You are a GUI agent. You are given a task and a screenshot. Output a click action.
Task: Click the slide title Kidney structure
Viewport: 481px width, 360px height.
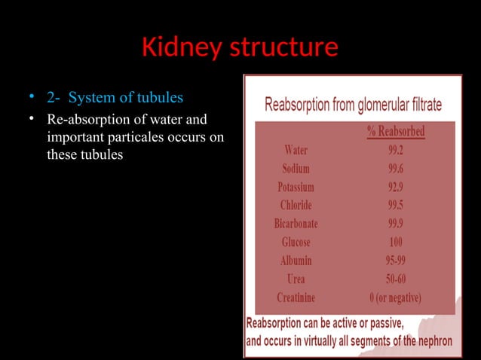pyautogui.click(x=240, y=48)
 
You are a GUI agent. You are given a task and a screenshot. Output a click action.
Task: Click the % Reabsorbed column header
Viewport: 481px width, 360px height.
pyautogui.click(x=395, y=132)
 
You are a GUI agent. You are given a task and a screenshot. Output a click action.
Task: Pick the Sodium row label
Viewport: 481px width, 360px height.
pyautogui.click(x=296, y=168)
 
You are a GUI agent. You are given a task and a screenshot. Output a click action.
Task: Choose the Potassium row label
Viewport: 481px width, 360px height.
pyautogui.click(x=296, y=187)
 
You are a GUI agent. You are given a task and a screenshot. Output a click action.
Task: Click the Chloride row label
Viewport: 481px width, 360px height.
pyautogui.click(x=296, y=205)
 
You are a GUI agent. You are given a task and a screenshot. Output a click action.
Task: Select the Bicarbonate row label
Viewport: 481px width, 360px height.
pyautogui.click(x=296, y=224)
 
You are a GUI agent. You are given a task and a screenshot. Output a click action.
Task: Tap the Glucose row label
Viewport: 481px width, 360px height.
pyautogui.click(x=296, y=242)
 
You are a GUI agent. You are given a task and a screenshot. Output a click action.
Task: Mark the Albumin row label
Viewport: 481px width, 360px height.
pyautogui.click(x=296, y=261)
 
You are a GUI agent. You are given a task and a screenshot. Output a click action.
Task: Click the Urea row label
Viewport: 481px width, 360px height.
pyautogui.click(x=296, y=279)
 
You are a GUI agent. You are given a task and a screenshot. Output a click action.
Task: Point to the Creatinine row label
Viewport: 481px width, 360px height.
pyautogui.click(x=296, y=297)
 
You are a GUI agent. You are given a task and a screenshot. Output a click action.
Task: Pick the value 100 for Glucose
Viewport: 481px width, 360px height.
pyautogui.click(x=395, y=242)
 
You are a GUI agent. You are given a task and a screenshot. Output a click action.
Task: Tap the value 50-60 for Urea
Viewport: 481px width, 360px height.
pyautogui.click(x=395, y=279)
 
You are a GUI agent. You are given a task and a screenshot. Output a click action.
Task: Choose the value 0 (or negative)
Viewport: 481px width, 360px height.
pyautogui.click(x=395, y=297)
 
